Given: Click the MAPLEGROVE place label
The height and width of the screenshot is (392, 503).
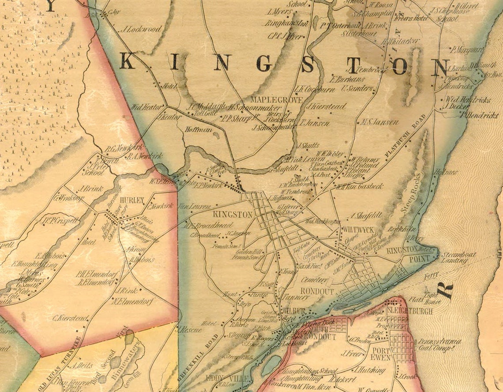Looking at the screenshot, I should pos(277,100).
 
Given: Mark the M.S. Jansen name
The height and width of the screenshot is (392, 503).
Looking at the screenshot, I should pos(379,122).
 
